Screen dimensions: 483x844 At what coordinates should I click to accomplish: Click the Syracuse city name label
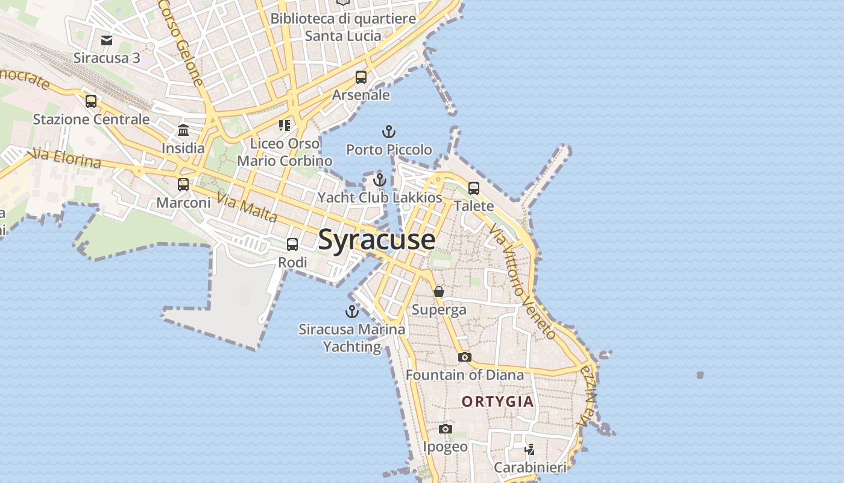pos(376,240)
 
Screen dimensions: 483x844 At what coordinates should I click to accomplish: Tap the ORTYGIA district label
pos(497,401)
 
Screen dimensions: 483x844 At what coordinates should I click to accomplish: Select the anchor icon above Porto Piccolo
pos(389,132)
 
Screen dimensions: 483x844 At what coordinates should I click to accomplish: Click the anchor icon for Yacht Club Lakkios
pos(379,180)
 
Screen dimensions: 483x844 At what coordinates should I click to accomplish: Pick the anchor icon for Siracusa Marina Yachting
pos(351,312)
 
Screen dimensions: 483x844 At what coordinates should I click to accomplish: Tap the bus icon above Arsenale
pos(361,77)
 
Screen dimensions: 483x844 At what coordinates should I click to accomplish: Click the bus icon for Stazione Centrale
pos(91,101)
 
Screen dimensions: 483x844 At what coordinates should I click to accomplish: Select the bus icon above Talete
pos(474,188)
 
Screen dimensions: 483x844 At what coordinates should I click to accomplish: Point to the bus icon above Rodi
pos(292,245)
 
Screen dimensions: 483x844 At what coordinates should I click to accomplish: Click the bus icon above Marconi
pos(183,185)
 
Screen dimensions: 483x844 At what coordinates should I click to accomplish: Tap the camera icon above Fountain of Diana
pos(464,357)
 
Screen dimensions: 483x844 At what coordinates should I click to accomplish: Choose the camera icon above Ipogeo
pos(446,429)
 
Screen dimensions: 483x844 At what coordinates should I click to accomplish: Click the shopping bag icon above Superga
pos(439,292)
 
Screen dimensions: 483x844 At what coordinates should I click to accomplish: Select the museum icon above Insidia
pos(183,130)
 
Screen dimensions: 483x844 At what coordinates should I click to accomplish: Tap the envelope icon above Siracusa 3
pos(107,40)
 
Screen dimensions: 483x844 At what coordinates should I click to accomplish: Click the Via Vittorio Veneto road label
pos(522,281)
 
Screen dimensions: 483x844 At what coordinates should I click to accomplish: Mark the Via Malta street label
pos(247,208)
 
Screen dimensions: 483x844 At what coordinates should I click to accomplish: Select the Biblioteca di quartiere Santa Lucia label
pos(343,27)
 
